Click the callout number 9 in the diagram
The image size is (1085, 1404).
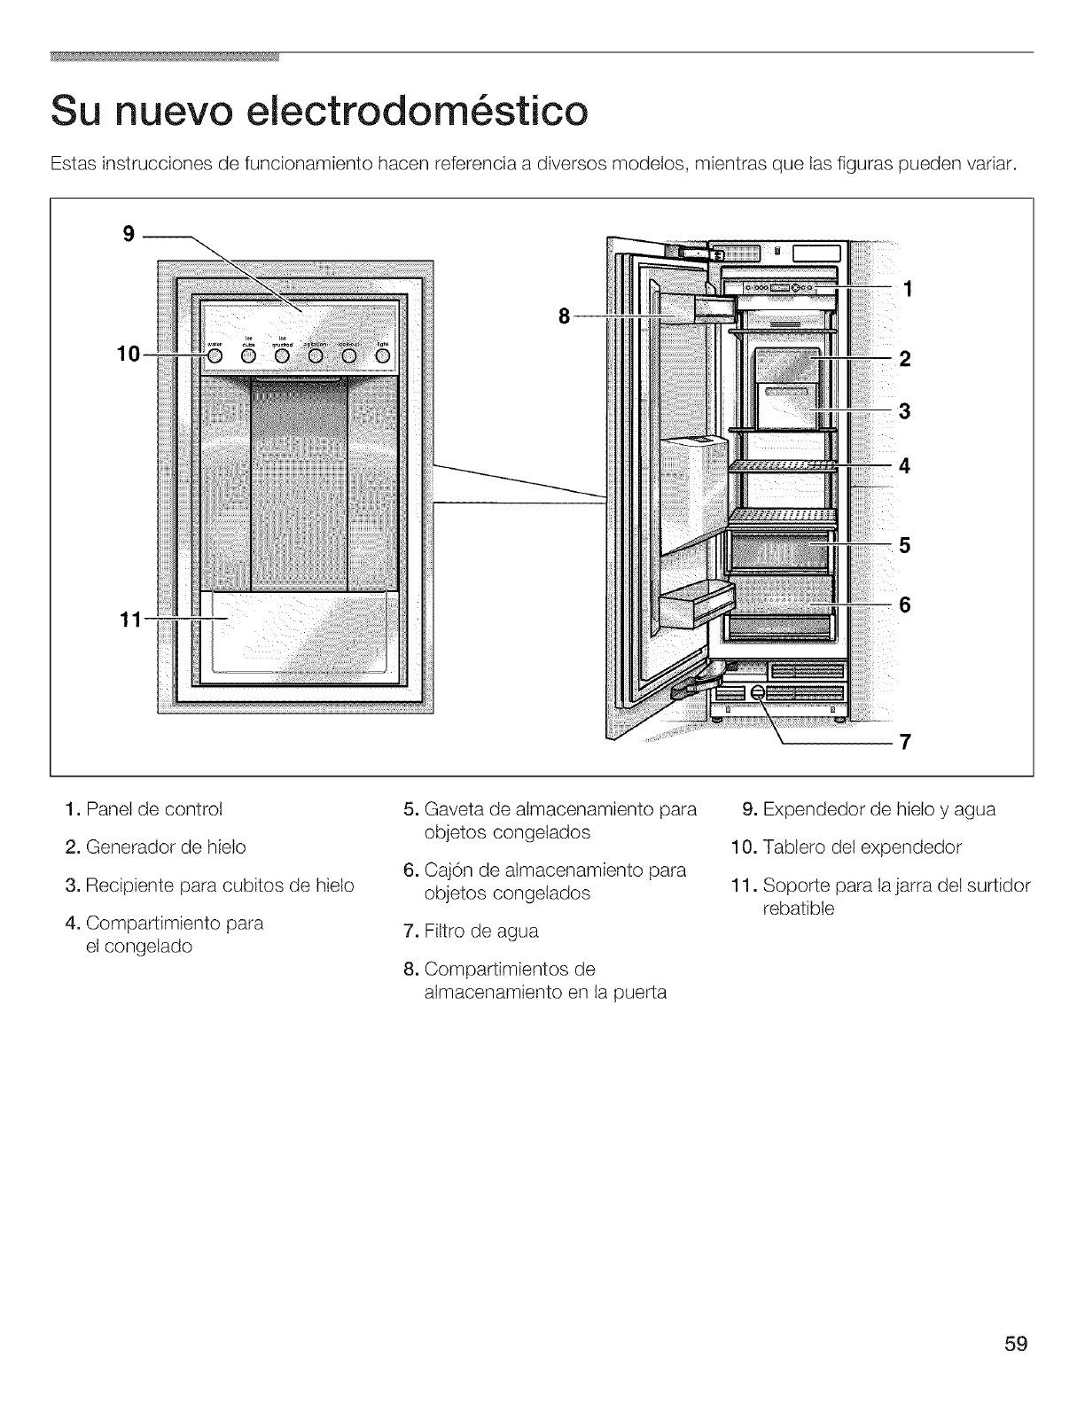coord(129,234)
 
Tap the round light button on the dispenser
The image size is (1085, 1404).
coord(383,356)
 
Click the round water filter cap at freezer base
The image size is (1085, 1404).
coord(758,693)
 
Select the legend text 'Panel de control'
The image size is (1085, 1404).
coord(155,809)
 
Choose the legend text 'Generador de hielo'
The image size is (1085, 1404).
coord(167,847)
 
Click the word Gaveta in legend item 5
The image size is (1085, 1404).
coord(453,809)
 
